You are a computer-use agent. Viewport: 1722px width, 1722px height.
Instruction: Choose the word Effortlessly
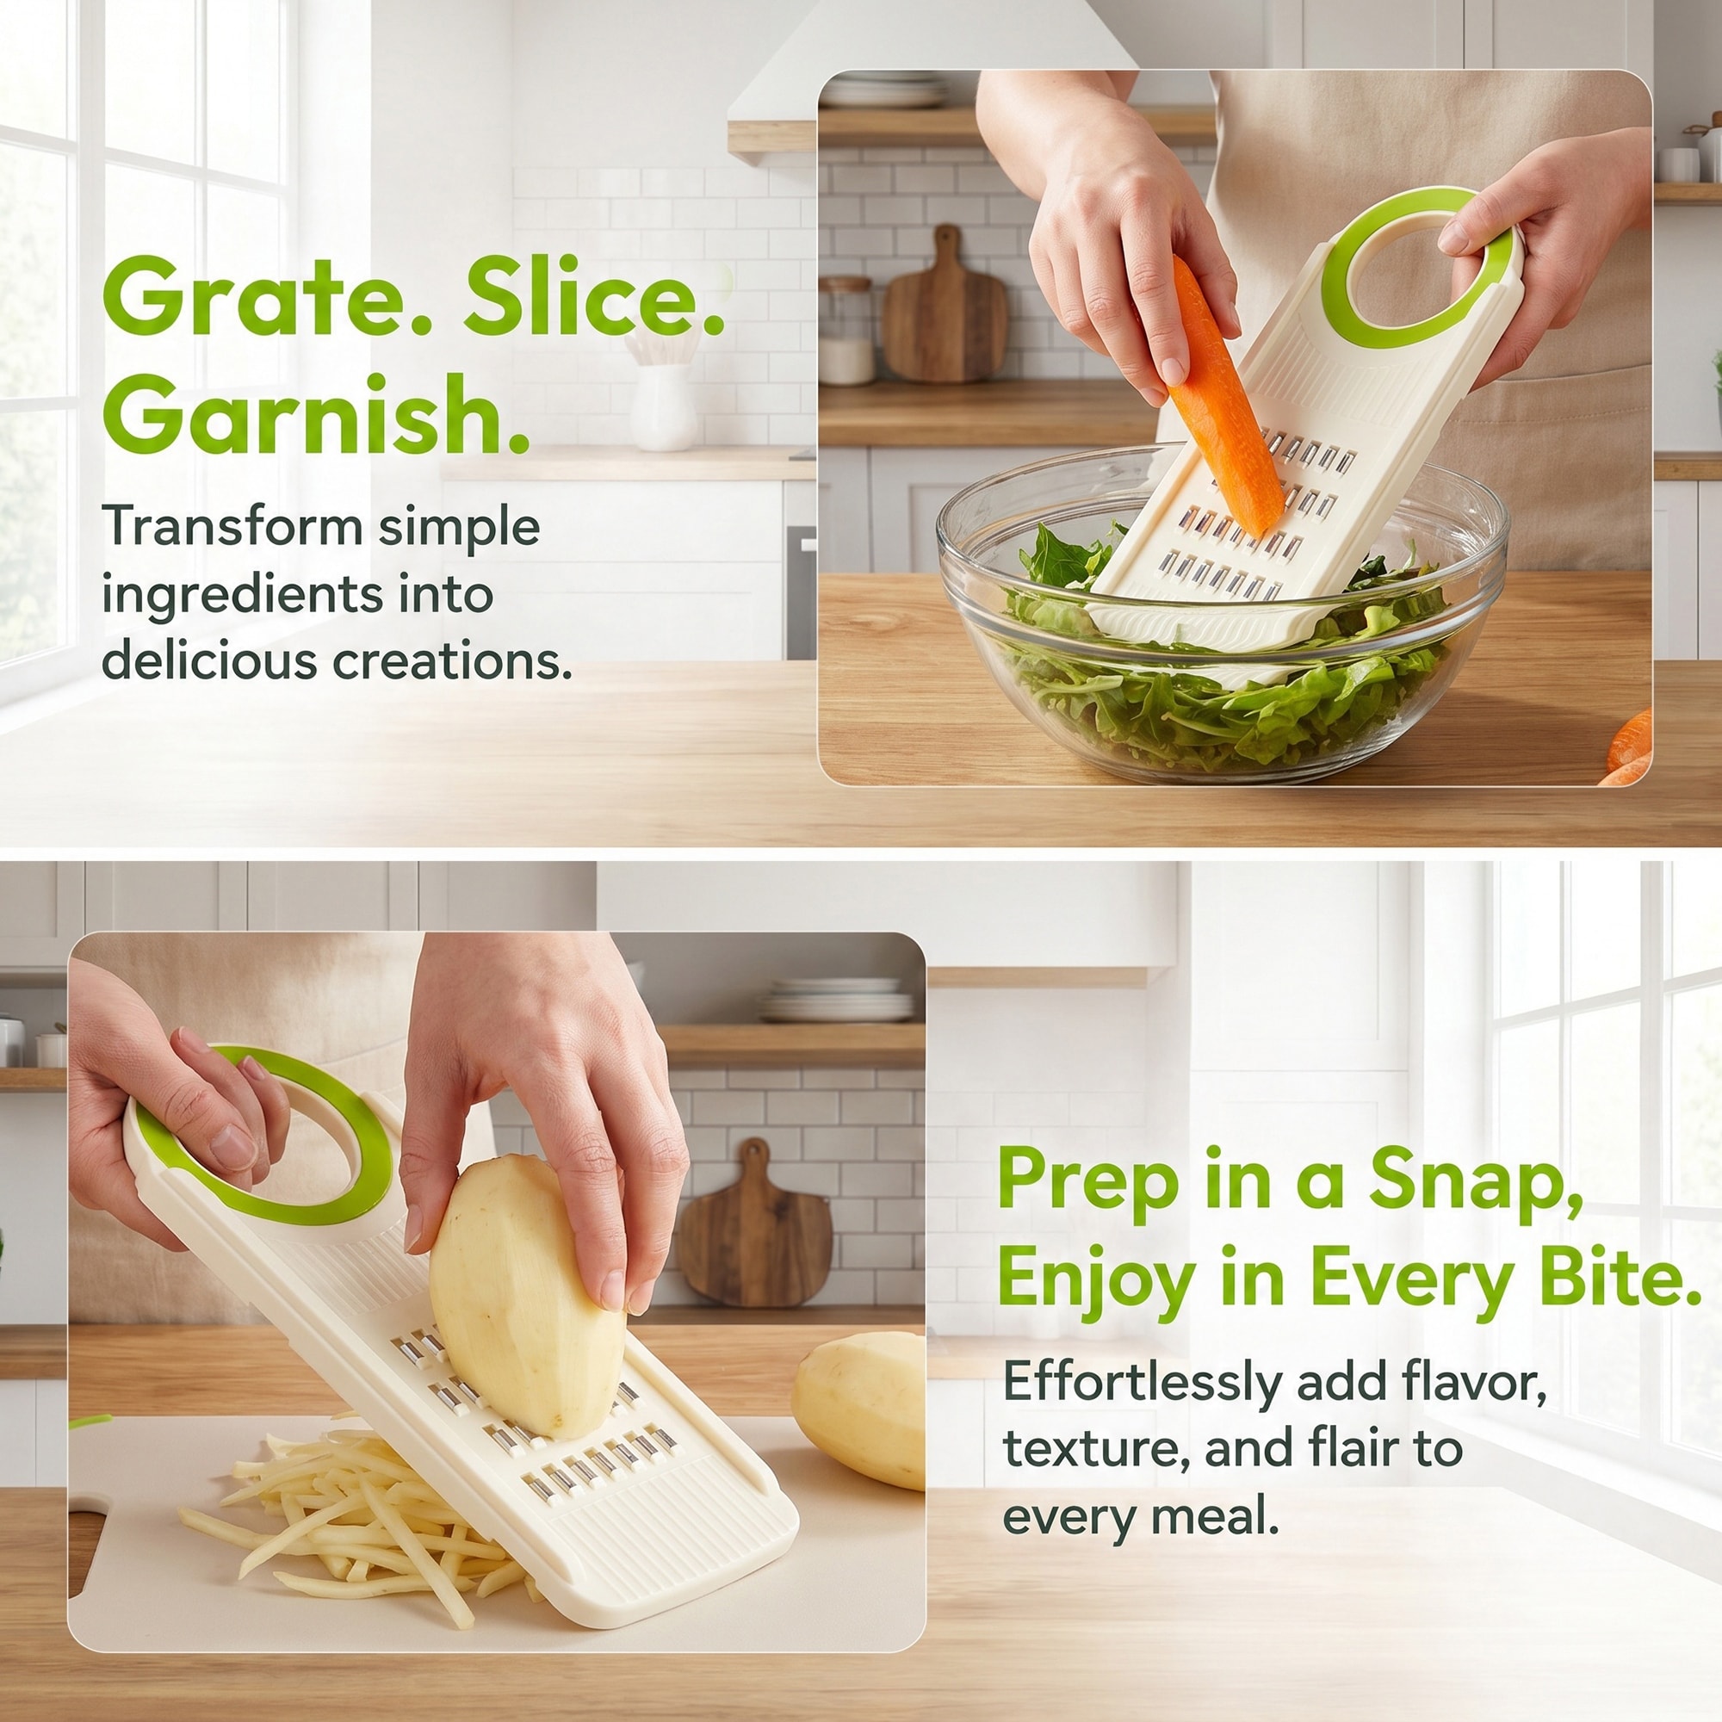1143,1384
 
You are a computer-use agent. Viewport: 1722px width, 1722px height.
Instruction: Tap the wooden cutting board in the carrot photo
944,312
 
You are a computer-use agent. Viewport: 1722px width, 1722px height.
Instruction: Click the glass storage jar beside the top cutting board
846,331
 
